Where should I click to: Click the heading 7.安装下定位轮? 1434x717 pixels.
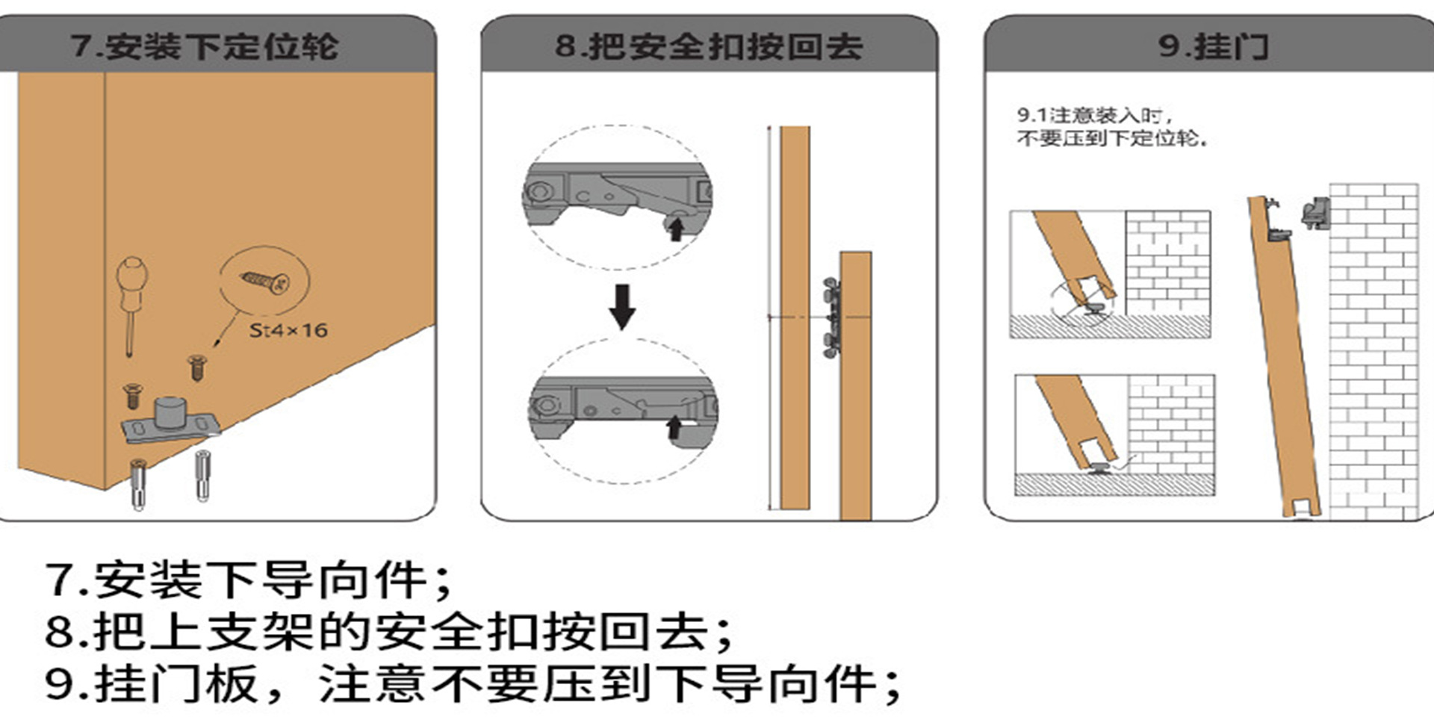click(205, 46)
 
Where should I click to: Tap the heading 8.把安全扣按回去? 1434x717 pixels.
click(709, 46)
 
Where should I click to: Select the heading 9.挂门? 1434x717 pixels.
click(1213, 46)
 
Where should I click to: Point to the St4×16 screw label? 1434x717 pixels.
click(288, 330)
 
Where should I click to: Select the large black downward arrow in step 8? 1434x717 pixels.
click(622, 306)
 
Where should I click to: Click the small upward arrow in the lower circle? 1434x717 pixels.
click(674, 427)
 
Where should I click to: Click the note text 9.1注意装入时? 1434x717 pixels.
click(1095, 116)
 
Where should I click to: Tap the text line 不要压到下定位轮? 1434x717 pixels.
click(1111, 138)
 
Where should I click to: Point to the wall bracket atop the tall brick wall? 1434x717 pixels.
click(1316, 213)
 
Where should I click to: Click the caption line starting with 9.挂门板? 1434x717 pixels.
click(474, 684)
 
